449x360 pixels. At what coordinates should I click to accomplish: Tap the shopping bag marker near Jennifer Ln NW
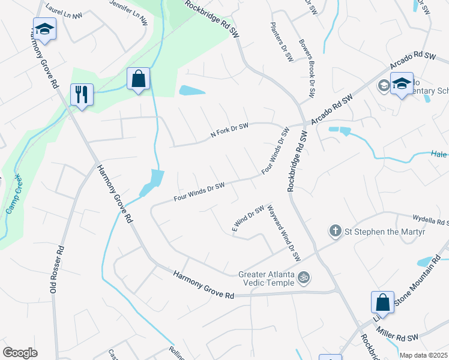(138, 79)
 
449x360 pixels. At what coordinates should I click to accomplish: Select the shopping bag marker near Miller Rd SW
(382, 302)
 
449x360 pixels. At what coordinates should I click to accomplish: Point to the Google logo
(20, 353)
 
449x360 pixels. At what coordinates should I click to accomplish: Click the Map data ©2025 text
(424, 355)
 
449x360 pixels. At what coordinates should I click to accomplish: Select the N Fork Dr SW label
(229, 131)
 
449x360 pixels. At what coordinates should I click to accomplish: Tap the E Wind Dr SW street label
(248, 219)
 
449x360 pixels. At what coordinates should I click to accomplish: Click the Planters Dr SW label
(281, 43)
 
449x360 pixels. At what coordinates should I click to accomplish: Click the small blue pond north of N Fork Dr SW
(192, 91)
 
